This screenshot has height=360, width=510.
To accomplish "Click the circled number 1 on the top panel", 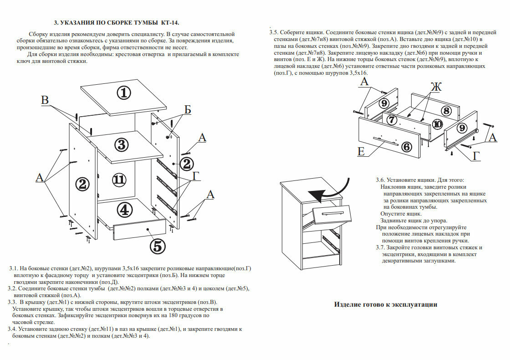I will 123,93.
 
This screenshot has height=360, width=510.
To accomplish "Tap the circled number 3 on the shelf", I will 121,145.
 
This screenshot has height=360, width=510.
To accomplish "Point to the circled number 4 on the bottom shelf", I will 124,210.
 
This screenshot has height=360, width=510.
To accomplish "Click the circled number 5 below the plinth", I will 157,246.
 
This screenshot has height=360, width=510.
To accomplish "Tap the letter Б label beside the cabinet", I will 188,109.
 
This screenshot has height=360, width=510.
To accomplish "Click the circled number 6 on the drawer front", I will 407,146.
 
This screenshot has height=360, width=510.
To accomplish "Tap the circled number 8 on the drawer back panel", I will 446,111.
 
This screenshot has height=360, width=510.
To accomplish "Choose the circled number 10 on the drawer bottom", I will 437,123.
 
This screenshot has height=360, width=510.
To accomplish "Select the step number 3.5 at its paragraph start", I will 274,33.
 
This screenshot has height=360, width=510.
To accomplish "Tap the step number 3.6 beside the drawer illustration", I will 380,180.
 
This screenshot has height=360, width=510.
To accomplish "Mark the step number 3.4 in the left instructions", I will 12,329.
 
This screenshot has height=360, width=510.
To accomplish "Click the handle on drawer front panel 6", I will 385,140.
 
